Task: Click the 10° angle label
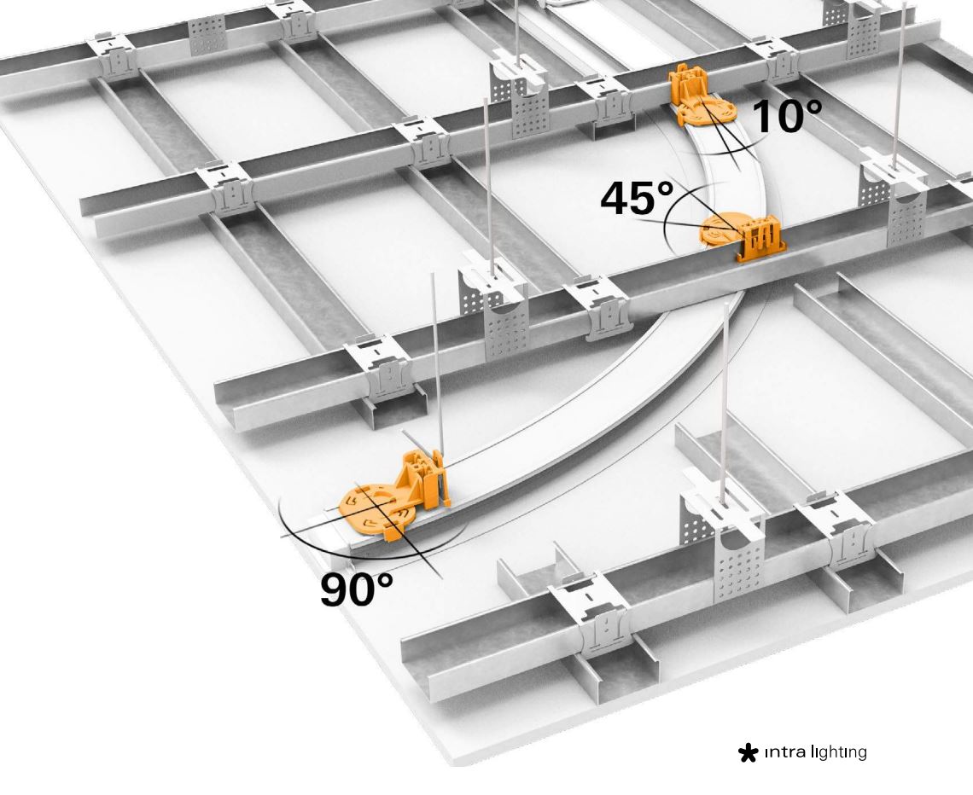coord(788,116)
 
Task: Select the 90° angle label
coord(357,589)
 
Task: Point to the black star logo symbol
coord(748,753)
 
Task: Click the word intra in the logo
coord(785,753)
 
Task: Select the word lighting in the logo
coord(838,753)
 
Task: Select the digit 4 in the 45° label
coord(615,199)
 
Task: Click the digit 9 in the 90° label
coord(334,589)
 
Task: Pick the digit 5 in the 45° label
coord(644,199)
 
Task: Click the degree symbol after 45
coord(665,189)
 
